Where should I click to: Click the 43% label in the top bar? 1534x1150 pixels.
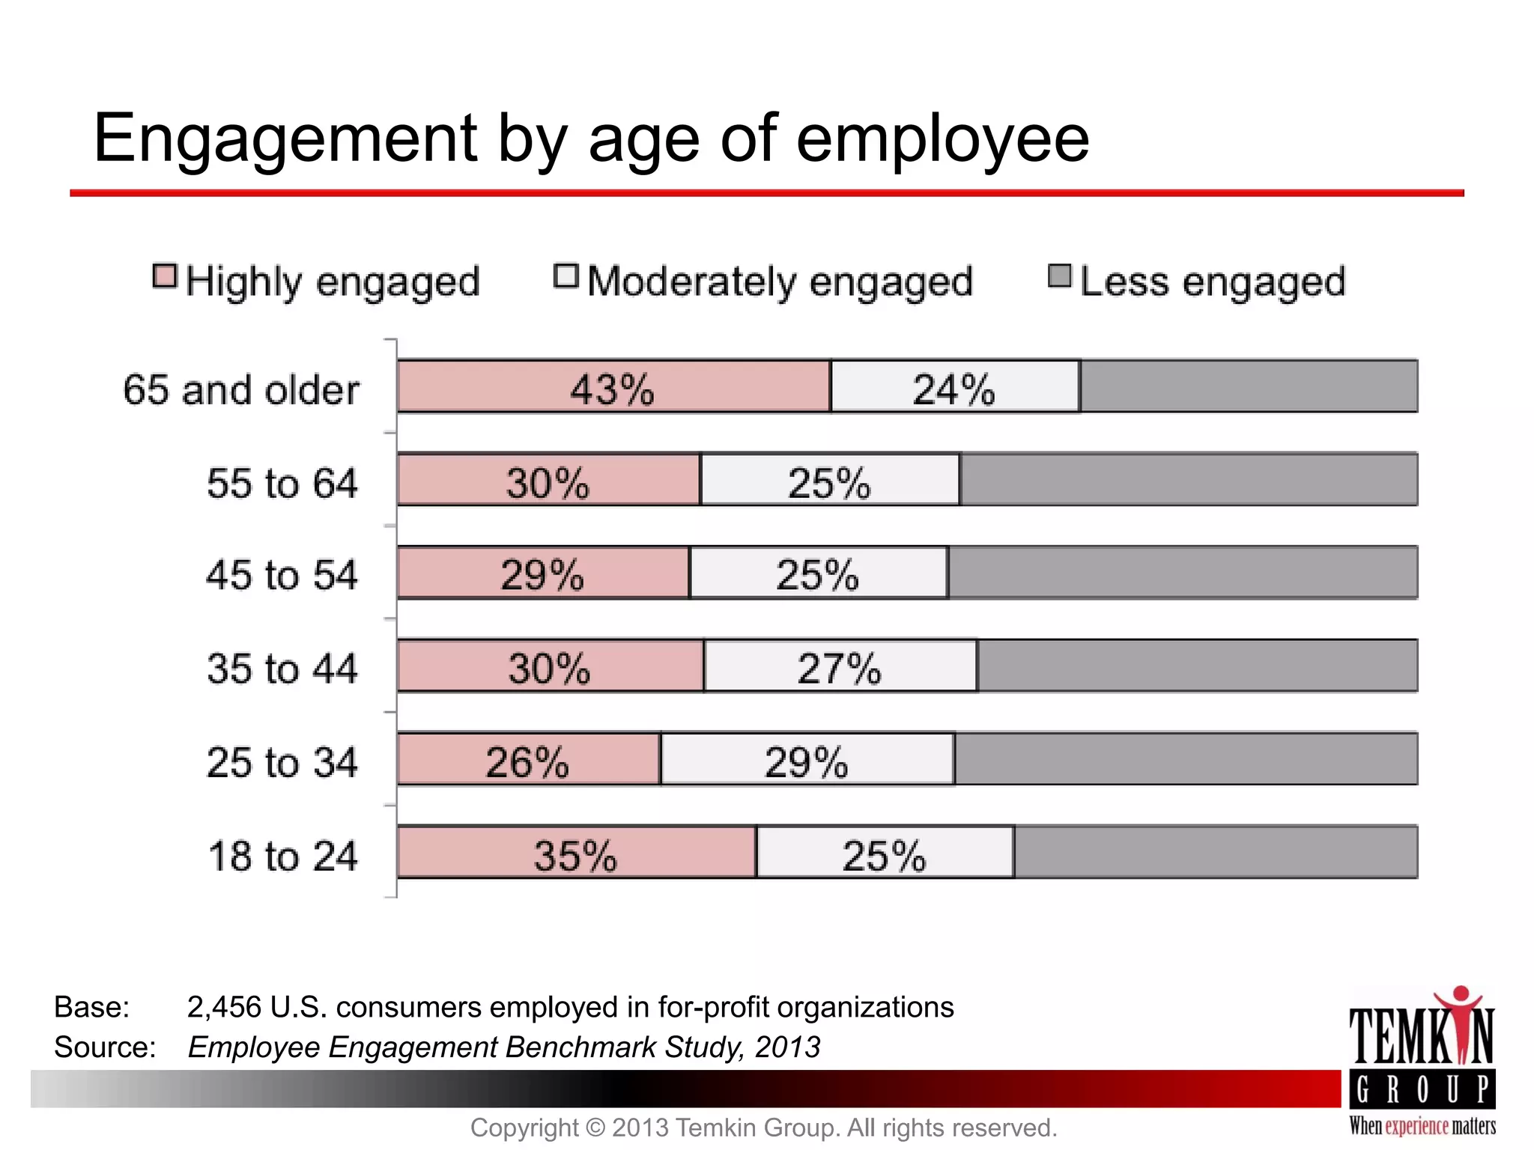(x=612, y=389)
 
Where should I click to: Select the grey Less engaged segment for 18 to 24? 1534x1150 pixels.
(x=1215, y=852)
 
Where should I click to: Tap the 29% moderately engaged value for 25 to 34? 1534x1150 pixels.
(x=806, y=762)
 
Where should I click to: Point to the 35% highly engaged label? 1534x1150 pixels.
(x=575, y=855)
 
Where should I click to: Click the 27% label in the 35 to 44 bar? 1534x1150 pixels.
(x=839, y=668)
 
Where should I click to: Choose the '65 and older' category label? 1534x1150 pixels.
(x=241, y=390)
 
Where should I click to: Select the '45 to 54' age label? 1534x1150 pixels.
(x=282, y=575)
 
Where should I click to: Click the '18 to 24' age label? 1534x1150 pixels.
(x=282, y=856)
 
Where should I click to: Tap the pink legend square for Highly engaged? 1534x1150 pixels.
(x=165, y=276)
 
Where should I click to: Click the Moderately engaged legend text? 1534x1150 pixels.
(x=779, y=282)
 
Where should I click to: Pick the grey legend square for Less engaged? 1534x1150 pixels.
(x=1060, y=276)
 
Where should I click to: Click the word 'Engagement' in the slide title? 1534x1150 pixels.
(x=285, y=139)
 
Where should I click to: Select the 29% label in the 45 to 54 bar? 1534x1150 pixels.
(x=542, y=575)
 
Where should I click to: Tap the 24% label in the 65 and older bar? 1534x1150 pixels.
(x=953, y=389)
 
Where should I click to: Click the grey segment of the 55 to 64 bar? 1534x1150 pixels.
(x=1188, y=479)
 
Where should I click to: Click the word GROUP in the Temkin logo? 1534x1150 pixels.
(x=1422, y=1090)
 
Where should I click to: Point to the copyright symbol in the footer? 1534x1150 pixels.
(x=594, y=1128)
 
